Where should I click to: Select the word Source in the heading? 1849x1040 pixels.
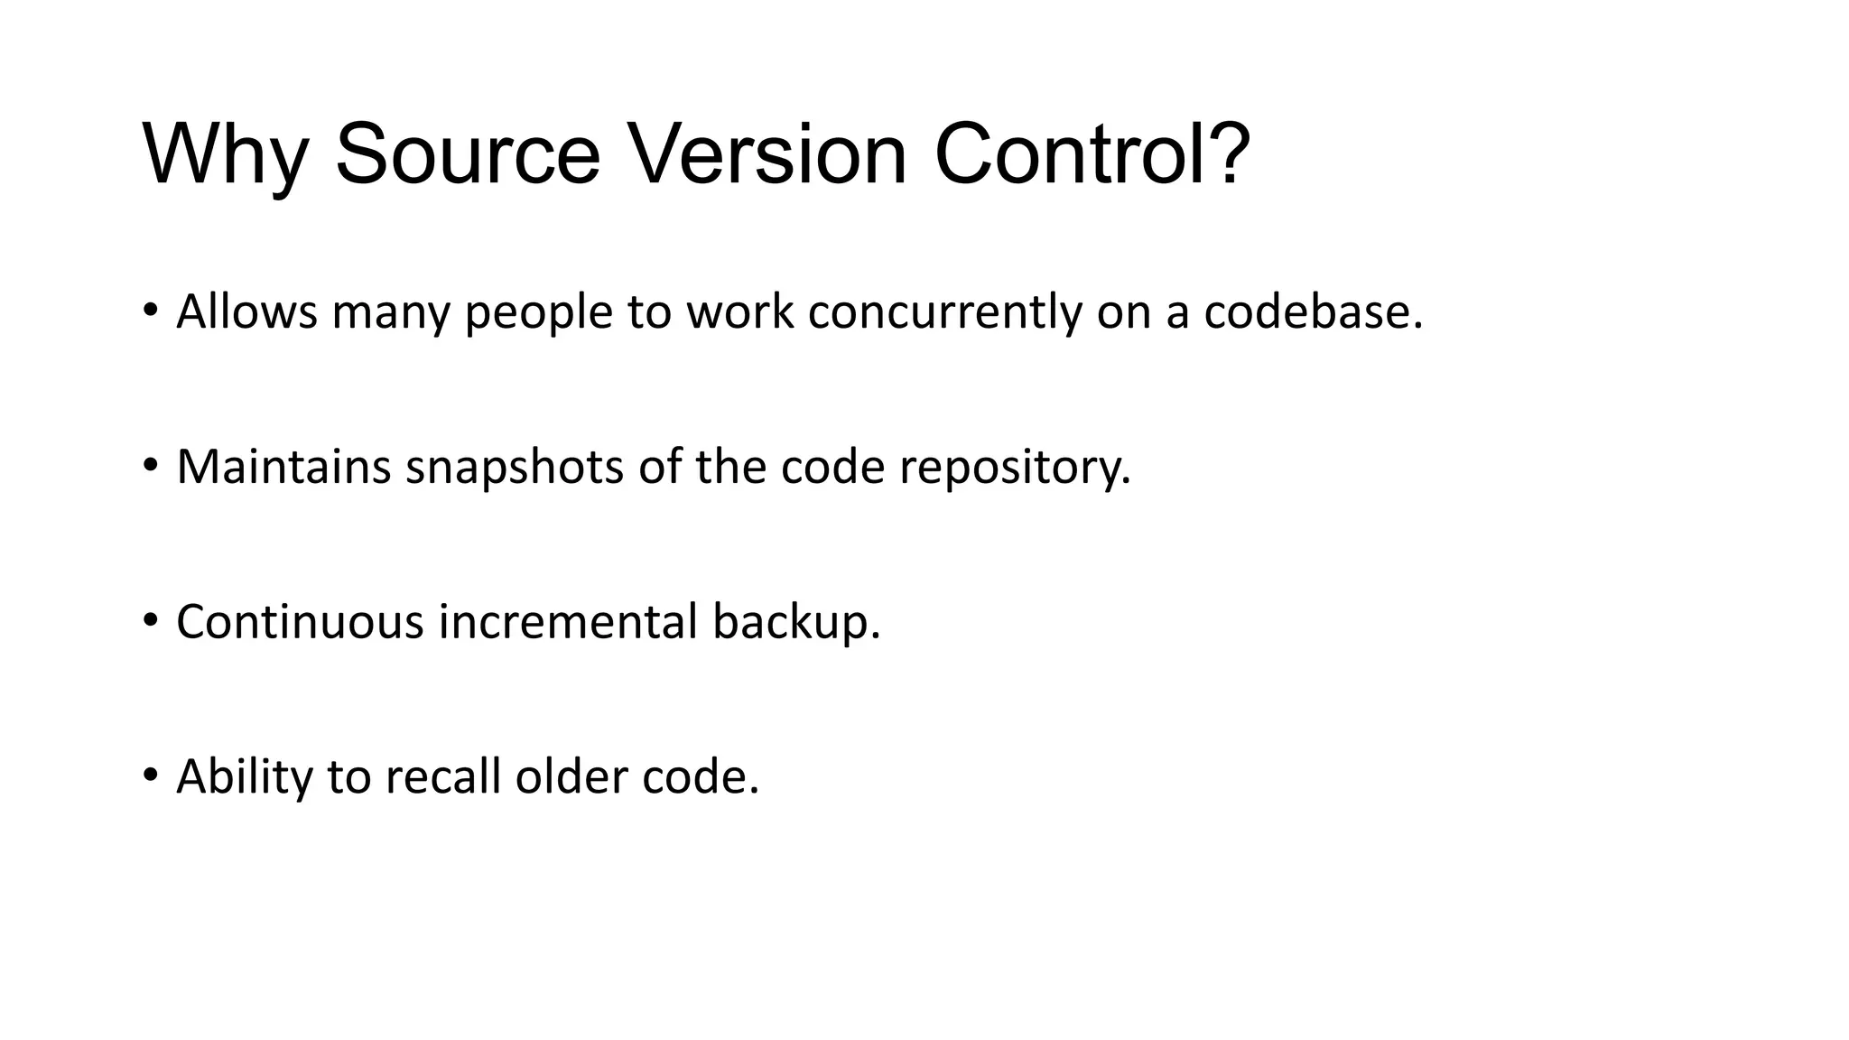pyautogui.click(x=467, y=155)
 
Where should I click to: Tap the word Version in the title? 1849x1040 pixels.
pyautogui.click(x=767, y=155)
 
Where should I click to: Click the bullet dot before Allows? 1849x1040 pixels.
pyautogui.click(x=150, y=311)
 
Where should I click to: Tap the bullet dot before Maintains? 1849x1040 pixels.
pyautogui.click(x=150, y=466)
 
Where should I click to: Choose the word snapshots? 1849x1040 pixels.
pyautogui.click(x=514, y=468)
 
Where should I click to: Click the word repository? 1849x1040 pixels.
pyautogui.click(x=1014, y=468)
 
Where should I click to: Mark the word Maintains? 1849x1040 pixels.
pyautogui.click(x=283, y=468)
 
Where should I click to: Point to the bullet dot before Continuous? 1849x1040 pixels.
pyautogui.click(x=150, y=621)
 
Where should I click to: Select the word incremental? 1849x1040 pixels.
pyautogui.click(x=568, y=623)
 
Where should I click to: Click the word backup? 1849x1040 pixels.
pyautogui.click(x=794, y=623)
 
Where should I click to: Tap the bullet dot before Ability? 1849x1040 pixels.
pyautogui.click(x=150, y=775)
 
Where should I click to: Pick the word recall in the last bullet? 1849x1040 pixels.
pyautogui.click(x=442, y=776)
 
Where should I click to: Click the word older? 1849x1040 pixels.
pyautogui.click(x=571, y=776)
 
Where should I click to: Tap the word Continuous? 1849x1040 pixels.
pyautogui.click(x=300, y=623)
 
